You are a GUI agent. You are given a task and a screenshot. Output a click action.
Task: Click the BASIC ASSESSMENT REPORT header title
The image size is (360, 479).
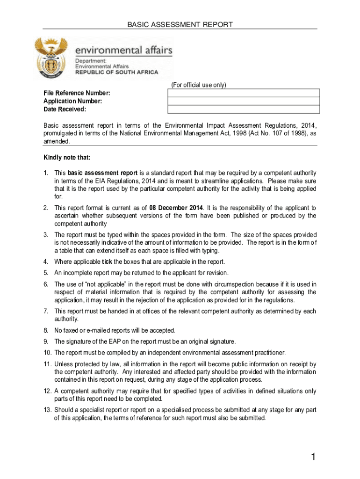180,24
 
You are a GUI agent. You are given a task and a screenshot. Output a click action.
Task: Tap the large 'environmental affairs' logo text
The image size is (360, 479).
124,50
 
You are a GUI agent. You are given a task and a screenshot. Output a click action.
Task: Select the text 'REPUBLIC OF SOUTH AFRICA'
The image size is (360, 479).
117,73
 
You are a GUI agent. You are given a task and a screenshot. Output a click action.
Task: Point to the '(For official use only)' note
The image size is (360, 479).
198,85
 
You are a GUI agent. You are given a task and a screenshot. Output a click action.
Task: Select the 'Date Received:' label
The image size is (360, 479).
65,109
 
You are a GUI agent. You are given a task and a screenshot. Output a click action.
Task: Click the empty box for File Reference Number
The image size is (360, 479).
243,93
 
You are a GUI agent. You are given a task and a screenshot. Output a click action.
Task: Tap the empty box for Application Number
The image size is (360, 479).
243,101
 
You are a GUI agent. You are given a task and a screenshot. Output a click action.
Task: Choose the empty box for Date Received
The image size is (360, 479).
243,109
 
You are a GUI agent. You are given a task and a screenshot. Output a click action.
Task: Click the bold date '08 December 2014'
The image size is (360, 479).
176,208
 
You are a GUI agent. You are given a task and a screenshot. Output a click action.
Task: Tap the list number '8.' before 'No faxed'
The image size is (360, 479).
46,330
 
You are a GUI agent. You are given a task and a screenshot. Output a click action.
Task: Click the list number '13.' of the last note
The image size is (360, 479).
47,410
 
